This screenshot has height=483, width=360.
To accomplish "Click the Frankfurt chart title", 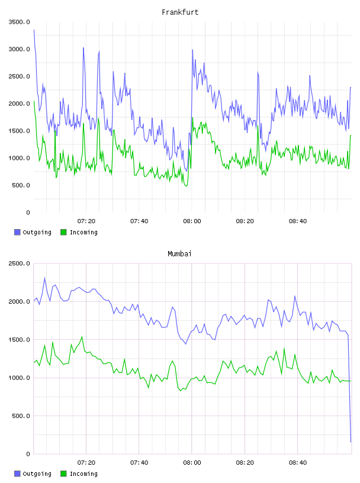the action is pyautogui.click(x=180, y=12).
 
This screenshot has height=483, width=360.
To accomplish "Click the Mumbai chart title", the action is pyautogui.click(x=179, y=254).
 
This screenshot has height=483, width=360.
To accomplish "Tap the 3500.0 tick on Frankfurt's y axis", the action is pyautogui.click(x=19, y=22).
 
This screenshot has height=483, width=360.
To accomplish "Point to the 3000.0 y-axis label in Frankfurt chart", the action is pyautogui.click(x=19, y=49).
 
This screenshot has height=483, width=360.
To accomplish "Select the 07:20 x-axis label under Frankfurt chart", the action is pyautogui.click(x=86, y=221).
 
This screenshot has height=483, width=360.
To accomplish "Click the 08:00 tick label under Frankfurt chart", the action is pyautogui.click(x=192, y=221).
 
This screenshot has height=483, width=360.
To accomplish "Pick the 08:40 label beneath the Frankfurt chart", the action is pyautogui.click(x=298, y=221).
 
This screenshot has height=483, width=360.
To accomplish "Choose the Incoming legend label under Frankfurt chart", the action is pyautogui.click(x=83, y=232).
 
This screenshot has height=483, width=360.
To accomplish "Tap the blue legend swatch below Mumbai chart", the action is pyautogui.click(x=17, y=474).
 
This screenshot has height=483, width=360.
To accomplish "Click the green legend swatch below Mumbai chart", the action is pyautogui.click(x=63, y=474).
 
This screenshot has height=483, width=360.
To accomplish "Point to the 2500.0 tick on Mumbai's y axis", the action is pyautogui.click(x=19, y=263).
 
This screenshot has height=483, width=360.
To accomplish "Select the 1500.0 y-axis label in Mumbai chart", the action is pyautogui.click(x=19, y=340).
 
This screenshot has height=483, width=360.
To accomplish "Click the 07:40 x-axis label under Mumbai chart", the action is pyautogui.click(x=139, y=463).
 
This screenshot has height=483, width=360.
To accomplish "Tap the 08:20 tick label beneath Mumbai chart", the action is pyautogui.click(x=245, y=463).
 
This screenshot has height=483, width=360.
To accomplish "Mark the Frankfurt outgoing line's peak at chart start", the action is pyautogui.click(x=34, y=30).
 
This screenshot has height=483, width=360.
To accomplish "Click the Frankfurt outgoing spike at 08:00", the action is pyautogui.click(x=192, y=50).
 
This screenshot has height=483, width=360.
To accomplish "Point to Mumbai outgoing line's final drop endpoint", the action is pyautogui.click(x=351, y=442).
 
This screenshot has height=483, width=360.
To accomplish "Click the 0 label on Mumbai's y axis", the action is pyautogui.click(x=28, y=454).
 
